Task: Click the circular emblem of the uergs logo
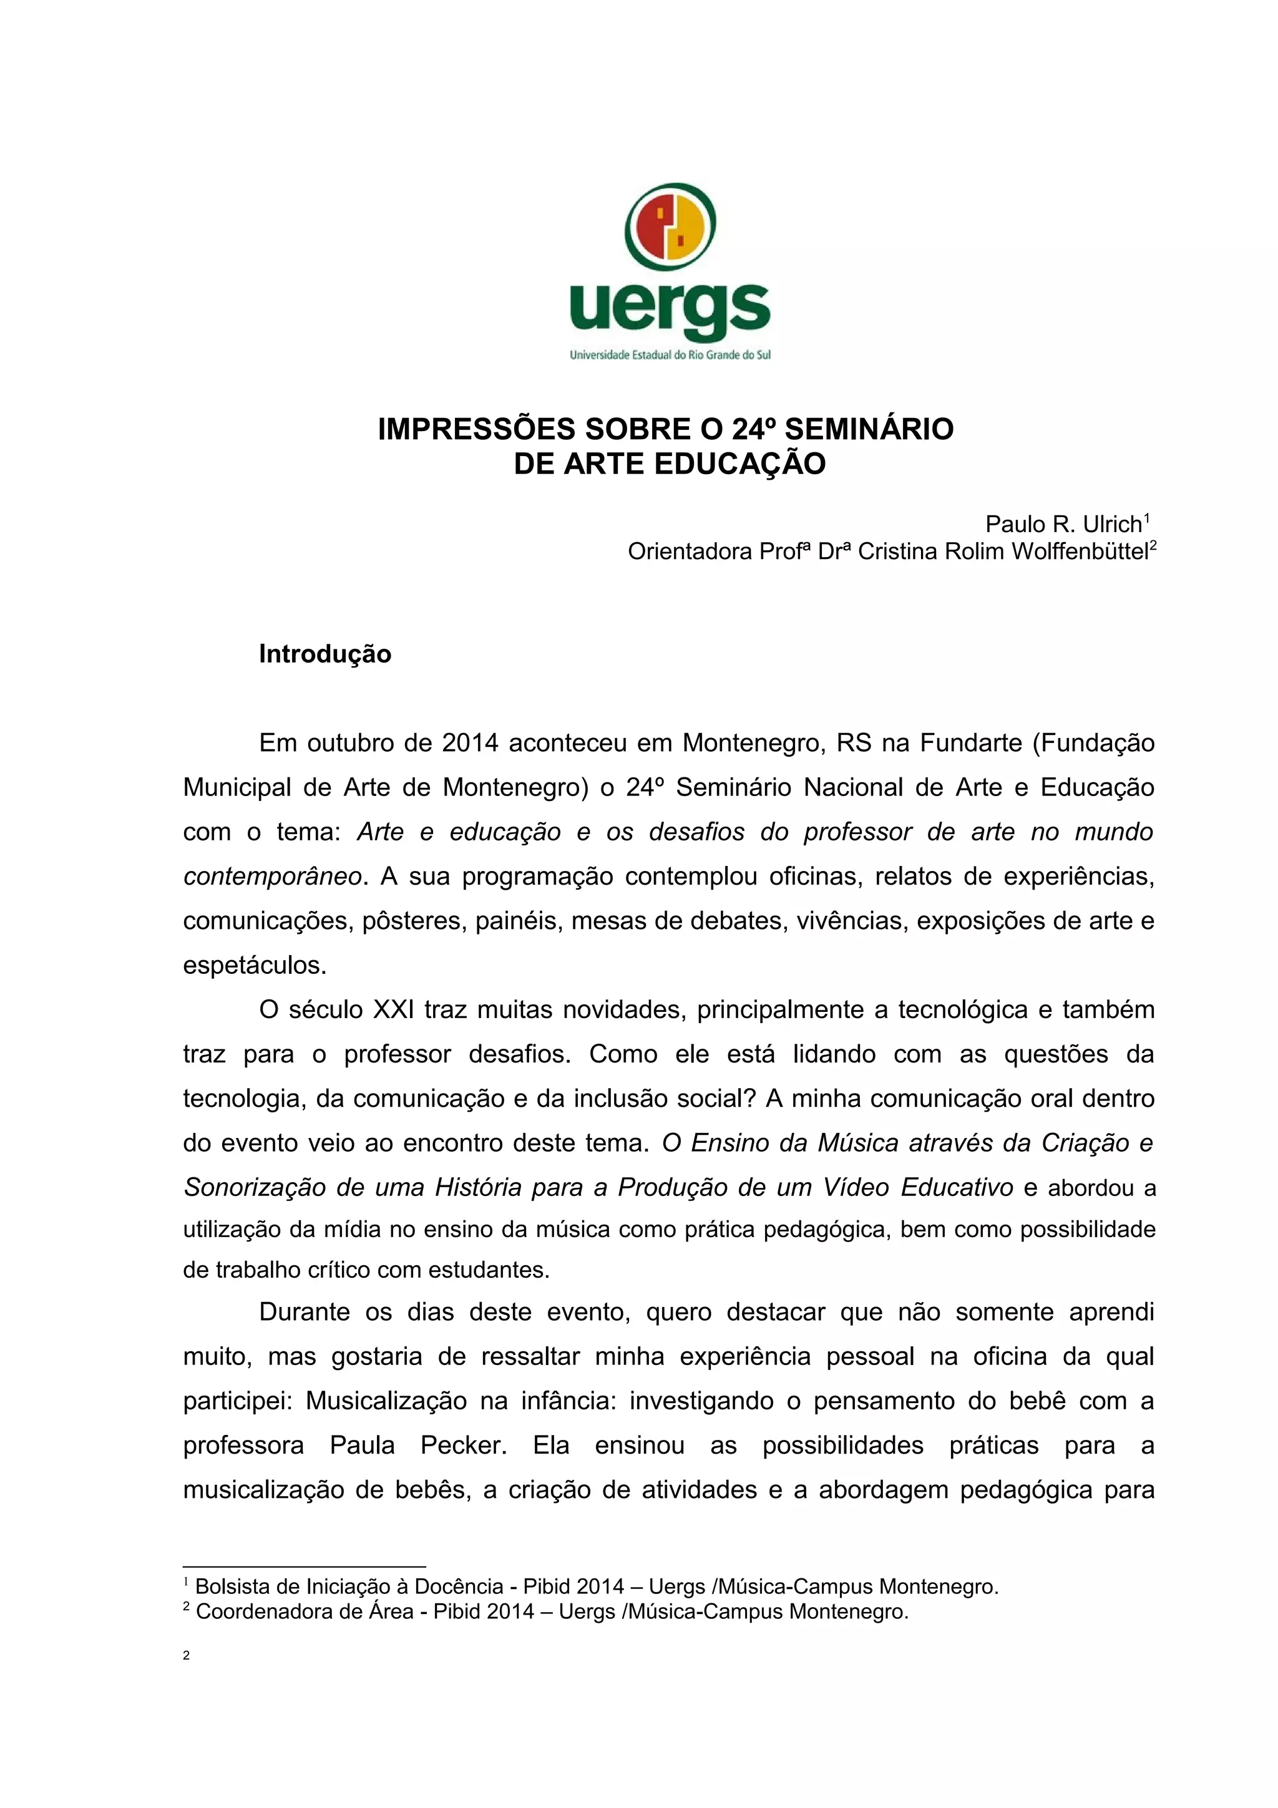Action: [x=670, y=227]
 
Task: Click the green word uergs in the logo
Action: [x=670, y=309]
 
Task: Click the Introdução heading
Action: [x=324, y=654]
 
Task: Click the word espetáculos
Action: [x=253, y=965]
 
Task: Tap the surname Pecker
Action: [x=463, y=1445]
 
